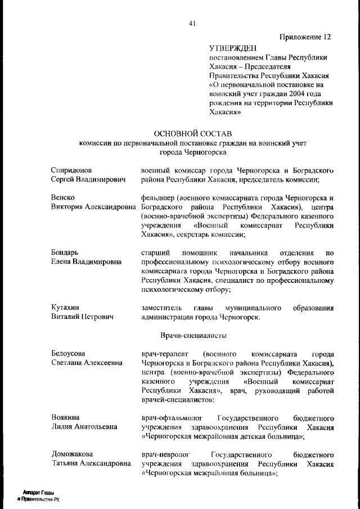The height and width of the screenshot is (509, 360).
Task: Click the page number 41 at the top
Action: (x=192, y=23)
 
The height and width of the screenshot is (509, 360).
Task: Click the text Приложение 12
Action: (x=305, y=37)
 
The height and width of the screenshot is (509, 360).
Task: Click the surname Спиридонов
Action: (x=71, y=170)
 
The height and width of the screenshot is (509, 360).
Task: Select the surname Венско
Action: (x=62, y=197)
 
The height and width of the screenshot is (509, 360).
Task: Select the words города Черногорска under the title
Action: (x=193, y=152)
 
